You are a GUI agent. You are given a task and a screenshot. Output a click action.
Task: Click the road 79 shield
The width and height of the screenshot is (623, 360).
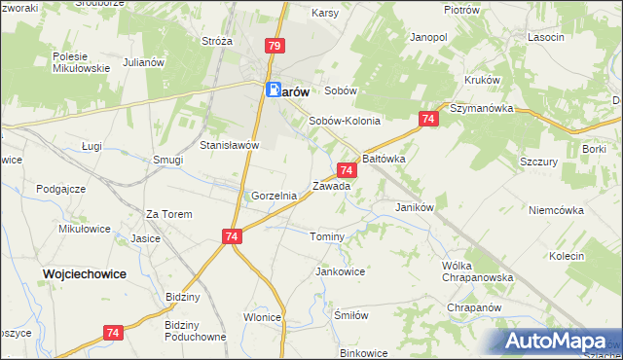point(274,46)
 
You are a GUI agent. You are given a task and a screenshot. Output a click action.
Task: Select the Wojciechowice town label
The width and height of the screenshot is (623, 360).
point(85,274)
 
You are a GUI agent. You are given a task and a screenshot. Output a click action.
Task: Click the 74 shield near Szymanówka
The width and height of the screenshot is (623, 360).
point(428,119)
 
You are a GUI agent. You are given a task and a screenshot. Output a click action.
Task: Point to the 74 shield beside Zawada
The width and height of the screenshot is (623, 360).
point(348,170)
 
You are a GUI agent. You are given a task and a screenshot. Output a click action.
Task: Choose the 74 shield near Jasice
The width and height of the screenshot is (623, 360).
point(231,236)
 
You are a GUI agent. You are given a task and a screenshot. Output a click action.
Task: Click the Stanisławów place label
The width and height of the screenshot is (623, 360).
point(229,145)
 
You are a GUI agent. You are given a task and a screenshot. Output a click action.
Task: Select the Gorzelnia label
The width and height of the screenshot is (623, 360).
point(274,196)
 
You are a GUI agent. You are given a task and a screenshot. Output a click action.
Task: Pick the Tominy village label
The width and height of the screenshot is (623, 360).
point(327,237)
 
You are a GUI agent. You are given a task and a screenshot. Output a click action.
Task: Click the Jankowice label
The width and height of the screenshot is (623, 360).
point(340,271)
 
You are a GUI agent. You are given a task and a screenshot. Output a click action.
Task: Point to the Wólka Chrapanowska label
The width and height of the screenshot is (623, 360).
point(475,271)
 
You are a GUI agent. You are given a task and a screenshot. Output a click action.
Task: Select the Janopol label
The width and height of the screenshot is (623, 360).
point(428,37)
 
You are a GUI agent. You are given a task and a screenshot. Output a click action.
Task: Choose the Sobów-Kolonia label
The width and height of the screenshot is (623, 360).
point(344,122)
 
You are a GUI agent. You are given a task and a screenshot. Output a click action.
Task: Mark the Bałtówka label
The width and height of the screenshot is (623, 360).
point(384,157)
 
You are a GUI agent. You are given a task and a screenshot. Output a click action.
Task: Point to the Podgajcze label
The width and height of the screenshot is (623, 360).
point(59,189)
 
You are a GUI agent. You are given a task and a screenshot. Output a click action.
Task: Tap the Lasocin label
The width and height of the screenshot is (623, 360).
point(545,37)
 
